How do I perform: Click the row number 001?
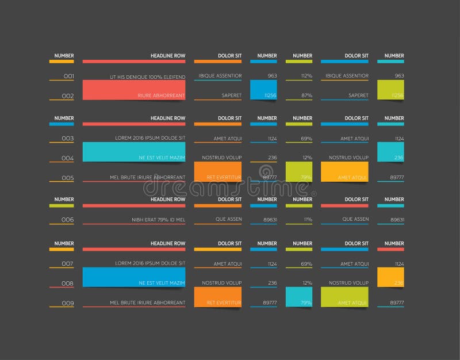click(x=68, y=76)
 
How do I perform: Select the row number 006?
click(x=68, y=220)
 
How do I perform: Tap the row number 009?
click(x=68, y=303)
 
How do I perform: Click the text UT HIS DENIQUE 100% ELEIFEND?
click(x=148, y=76)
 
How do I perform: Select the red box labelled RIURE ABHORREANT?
click(x=134, y=90)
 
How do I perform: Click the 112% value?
click(x=306, y=76)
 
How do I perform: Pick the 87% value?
click(x=306, y=95)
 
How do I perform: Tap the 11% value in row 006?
click(x=308, y=220)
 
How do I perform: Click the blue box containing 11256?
click(x=263, y=90)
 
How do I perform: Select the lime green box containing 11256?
click(x=390, y=90)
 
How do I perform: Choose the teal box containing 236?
click(x=390, y=152)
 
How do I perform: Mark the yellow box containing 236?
click(x=390, y=277)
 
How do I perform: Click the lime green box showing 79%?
click(x=299, y=172)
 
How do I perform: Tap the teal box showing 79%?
click(x=299, y=297)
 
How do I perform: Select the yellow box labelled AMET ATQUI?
click(x=344, y=172)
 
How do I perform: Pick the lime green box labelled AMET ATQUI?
click(x=344, y=297)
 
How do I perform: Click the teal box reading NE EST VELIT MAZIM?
click(x=134, y=152)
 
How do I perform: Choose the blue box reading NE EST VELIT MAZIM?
click(x=134, y=277)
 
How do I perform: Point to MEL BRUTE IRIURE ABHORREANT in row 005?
click(x=148, y=177)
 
